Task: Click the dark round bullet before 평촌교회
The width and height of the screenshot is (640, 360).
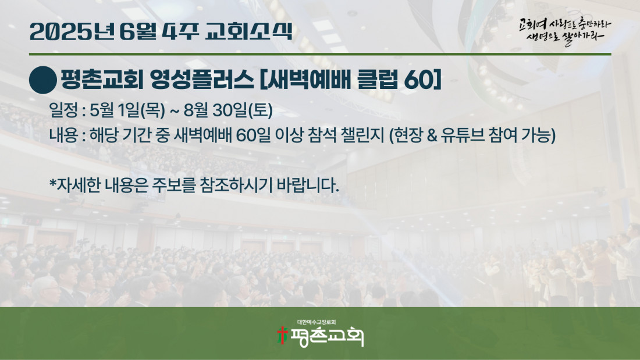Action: [x=43, y=80]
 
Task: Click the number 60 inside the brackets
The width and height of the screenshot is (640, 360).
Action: [x=418, y=80]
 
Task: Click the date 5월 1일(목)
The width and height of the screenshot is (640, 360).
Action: [x=127, y=110]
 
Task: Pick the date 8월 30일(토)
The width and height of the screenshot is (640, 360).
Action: [x=228, y=110]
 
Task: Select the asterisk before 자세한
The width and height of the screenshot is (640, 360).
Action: [x=52, y=183]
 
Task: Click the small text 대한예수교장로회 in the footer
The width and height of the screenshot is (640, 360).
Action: [x=317, y=322]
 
